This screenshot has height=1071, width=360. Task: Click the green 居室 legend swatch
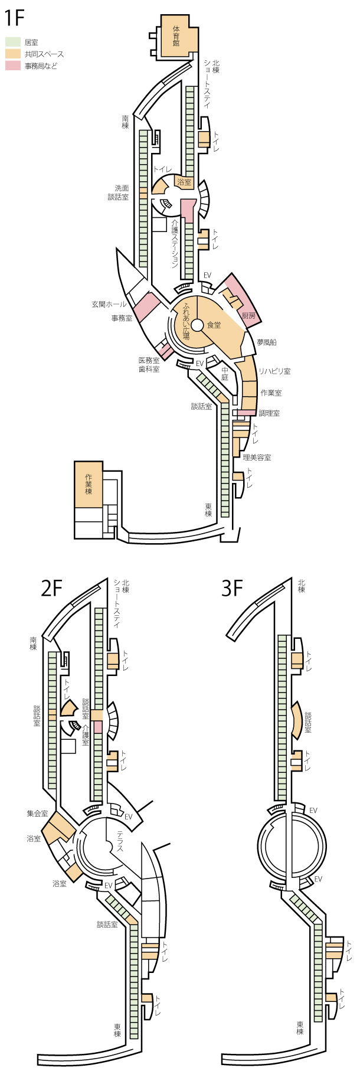pyautogui.click(x=13, y=43)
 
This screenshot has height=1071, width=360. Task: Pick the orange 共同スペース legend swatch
pyautogui.click(x=13, y=54)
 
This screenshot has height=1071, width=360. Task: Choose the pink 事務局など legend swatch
pyautogui.click(x=13, y=66)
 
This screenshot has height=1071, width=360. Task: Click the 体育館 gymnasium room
pyautogui.click(x=176, y=36)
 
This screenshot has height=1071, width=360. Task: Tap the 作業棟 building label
pyautogui.click(x=89, y=484)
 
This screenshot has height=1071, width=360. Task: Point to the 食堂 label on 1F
pyautogui.click(x=214, y=325)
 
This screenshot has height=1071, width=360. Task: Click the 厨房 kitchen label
pyautogui.click(x=249, y=316)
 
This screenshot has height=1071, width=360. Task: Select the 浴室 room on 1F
pyautogui.click(x=185, y=182)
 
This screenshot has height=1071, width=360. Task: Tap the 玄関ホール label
pyautogui.click(x=109, y=304)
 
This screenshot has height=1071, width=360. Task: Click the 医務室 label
pyautogui.click(x=149, y=360)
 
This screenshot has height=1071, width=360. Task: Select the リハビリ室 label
pyautogui.click(x=274, y=371)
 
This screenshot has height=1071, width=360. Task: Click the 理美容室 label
pyautogui.click(x=257, y=457)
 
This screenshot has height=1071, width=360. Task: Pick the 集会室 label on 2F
pyautogui.click(x=37, y=813)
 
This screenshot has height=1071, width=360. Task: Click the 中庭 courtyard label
pyautogui.click(x=225, y=374)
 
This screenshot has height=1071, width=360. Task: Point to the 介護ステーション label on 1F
pyautogui.click(x=175, y=243)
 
